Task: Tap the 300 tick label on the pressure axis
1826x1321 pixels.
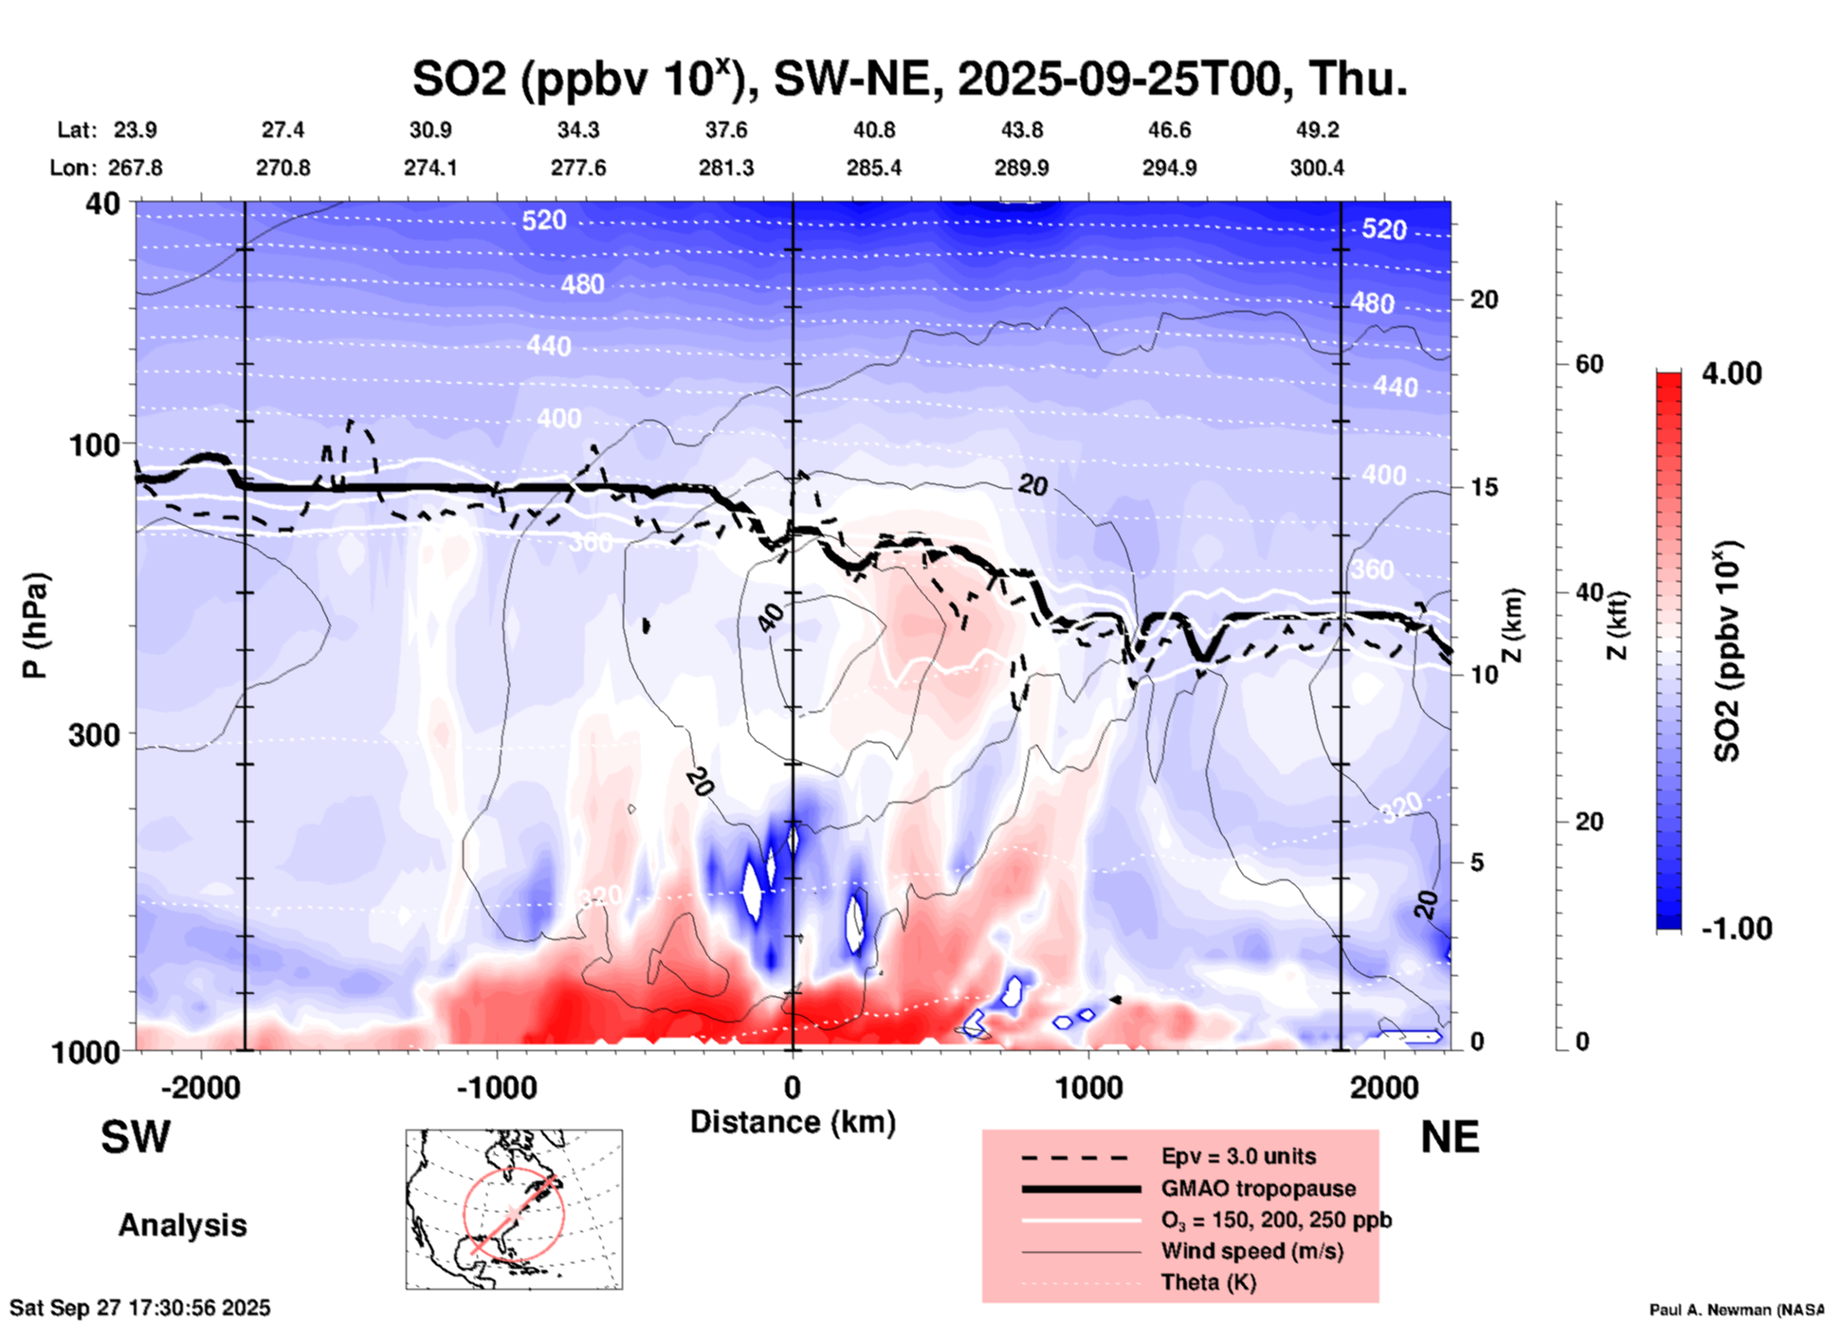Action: [95, 734]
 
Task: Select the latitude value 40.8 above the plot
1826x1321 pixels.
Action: [873, 130]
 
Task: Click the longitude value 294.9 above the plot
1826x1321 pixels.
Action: [1169, 168]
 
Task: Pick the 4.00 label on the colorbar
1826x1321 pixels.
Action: [1731, 372]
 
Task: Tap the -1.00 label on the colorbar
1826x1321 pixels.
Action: [1736, 928]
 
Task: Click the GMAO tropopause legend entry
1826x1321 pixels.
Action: [1258, 1188]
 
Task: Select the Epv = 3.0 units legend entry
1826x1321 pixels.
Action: [1238, 1156]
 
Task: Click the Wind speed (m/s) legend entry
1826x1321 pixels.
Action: [1251, 1251]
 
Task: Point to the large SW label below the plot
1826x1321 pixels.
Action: [136, 1137]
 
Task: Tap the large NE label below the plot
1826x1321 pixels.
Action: [1450, 1137]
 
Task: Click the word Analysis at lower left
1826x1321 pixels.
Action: [182, 1224]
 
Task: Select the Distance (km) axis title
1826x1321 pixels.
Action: [793, 1122]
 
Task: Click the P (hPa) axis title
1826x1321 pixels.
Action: [35, 625]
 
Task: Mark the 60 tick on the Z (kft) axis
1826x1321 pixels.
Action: [1589, 364]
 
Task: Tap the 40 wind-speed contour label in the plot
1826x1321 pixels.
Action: [772, 618]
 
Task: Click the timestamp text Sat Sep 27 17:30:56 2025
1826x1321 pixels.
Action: [139, 1308]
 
